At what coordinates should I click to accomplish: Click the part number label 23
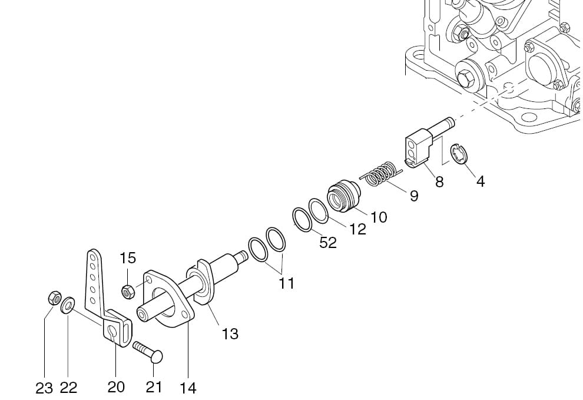coord(44,388)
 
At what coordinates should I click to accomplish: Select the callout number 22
coord(68,388)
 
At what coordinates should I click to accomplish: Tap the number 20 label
coord(115,387)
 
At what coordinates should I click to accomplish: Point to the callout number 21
coord(154,387)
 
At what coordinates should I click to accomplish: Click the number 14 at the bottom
coord(188,388)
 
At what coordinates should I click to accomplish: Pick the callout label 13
coord(230,334)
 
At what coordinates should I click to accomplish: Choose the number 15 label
coord(128,258)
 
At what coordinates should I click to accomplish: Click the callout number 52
coord(328,243)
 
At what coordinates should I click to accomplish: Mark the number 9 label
coord(414,196)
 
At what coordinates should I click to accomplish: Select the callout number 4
coord(481,182)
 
